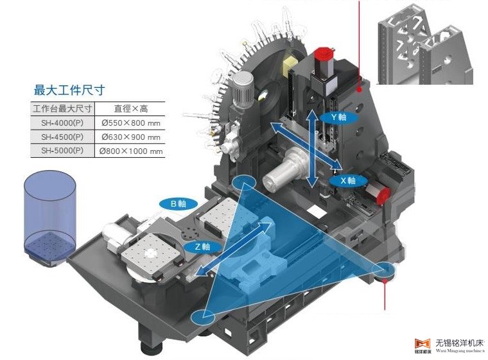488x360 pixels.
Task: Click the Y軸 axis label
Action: [x=338, y=118]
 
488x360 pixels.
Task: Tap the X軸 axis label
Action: [x=347, y=181]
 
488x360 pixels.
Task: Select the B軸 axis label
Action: [x=177, y=204]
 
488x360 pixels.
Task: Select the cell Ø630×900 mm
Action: [x=130, y=137]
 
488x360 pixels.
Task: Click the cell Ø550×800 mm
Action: [x=130, y=122]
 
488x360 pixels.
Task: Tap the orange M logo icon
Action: [x=422, y=341]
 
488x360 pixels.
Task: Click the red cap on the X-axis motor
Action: [x=383, y=192]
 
